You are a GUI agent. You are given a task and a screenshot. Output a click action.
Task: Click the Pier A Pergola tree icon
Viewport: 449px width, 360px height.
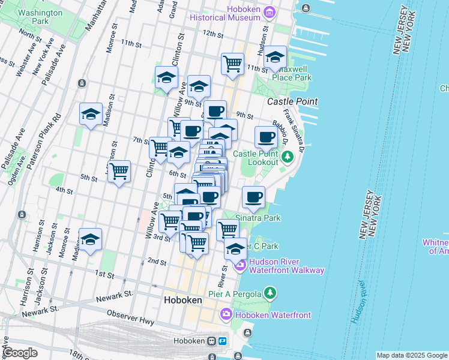point(271,293)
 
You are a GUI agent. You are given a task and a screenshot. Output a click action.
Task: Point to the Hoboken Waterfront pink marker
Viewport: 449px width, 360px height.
point(226,314)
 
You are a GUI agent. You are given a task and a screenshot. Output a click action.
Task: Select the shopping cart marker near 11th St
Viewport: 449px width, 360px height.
point(232,63)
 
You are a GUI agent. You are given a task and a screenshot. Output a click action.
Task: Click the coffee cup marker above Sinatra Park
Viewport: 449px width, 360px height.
point(254,196)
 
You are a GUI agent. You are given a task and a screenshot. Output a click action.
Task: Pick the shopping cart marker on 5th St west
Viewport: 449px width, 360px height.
point(119,171)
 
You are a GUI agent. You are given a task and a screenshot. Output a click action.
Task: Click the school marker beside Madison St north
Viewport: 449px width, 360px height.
point(91,113)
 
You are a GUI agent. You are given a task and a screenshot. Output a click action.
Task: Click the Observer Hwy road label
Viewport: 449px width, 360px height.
point(130,317)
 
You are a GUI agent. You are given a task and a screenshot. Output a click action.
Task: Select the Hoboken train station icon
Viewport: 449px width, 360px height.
point(212,341)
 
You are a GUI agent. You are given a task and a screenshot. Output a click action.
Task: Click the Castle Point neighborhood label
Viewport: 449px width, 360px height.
point(292,101)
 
